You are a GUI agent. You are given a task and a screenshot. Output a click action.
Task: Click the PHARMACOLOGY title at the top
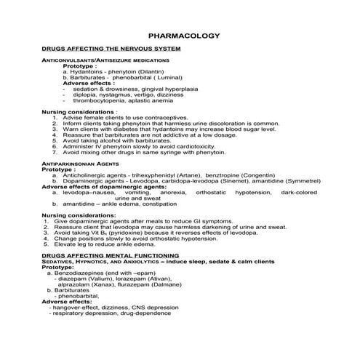pos(180,35)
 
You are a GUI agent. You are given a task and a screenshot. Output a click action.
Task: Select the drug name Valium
pos(96,279)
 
